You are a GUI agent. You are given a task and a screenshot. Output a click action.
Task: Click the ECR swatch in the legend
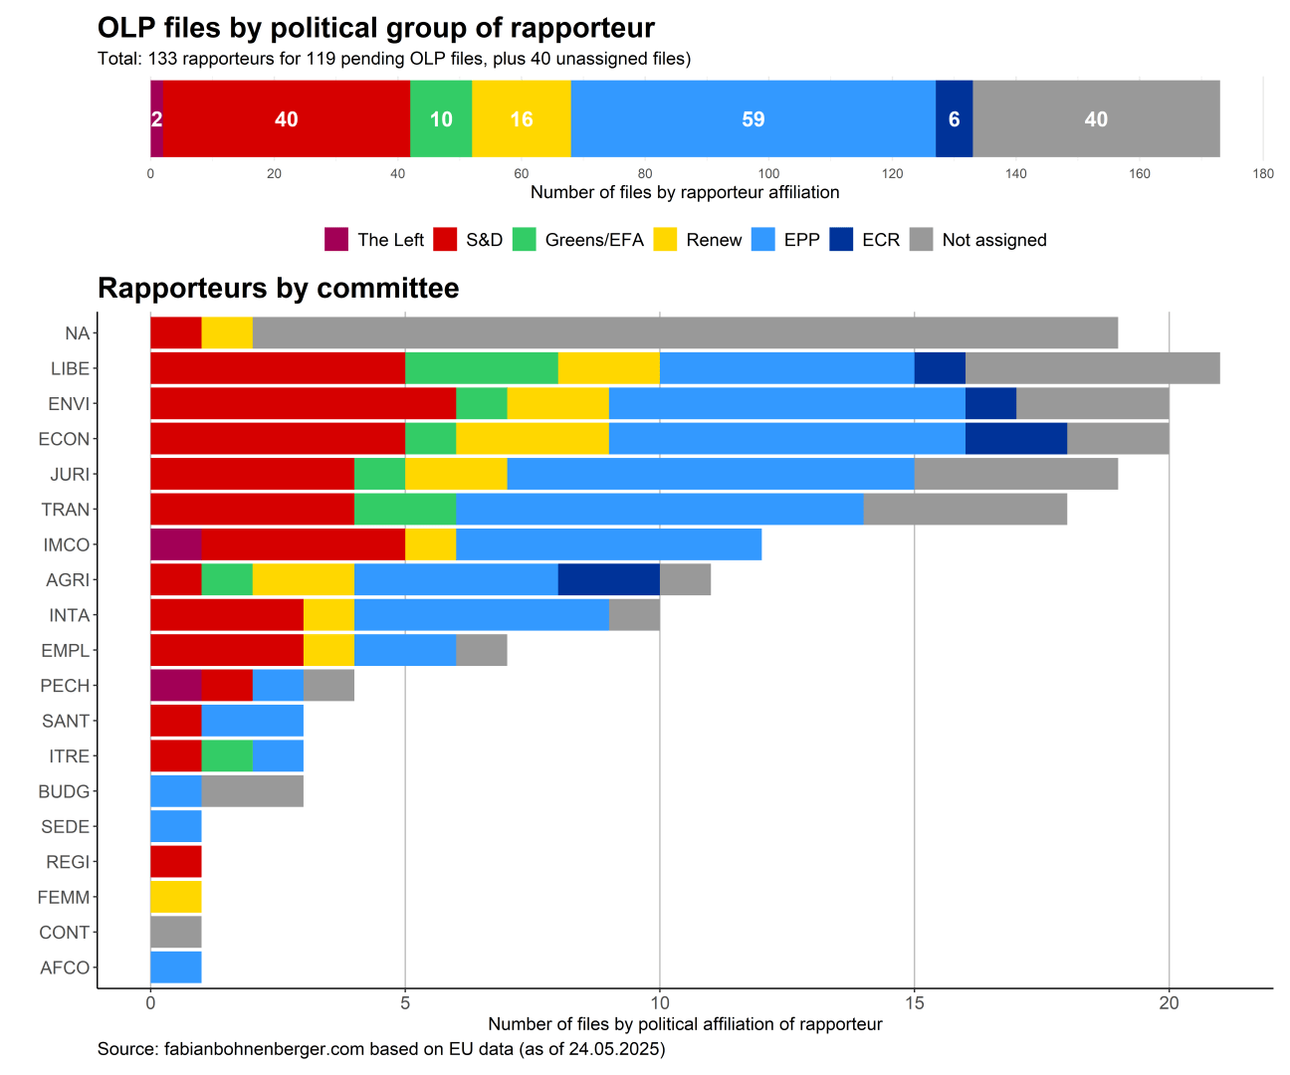click(x=841, y=240)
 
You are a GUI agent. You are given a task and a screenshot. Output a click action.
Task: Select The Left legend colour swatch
click(x=336, y=240)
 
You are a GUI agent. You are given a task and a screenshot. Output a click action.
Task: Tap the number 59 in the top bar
click(x=753, y=119)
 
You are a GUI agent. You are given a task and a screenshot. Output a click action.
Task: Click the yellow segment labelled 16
click(x=522, y=119)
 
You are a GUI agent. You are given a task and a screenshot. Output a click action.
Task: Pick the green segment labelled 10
click(x=441, y=119)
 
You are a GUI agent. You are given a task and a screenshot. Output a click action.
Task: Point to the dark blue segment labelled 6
click(x=954, y=119)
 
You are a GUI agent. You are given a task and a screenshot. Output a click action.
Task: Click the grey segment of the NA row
click(x=685, y=333)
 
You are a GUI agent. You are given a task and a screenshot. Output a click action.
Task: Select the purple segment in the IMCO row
click(x=175, y=544)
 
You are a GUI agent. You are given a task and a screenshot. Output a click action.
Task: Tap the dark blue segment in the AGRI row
click(x=608, y=579)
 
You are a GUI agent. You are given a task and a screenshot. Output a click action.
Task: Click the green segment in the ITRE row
click(x=226, y=755)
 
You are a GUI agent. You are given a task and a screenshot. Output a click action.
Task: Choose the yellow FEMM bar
click(x=175, y=897)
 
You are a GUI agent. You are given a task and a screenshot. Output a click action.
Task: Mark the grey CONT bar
click(x=175, y=932)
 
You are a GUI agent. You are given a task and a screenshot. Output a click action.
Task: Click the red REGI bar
click(x=175, y=862)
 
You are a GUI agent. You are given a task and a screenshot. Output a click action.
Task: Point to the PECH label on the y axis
click(x=65, y=686)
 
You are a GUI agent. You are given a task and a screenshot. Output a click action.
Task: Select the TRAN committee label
click(x=65, y=510)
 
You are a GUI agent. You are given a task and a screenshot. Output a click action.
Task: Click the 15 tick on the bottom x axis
click(x=914, y=1003)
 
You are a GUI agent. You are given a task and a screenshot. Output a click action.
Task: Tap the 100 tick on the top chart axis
click(x=768, y=174)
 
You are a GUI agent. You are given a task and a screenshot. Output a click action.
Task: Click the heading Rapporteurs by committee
click(x=279, y=289)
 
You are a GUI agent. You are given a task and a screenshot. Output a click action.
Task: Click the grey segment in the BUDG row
click(x=252, y=791)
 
